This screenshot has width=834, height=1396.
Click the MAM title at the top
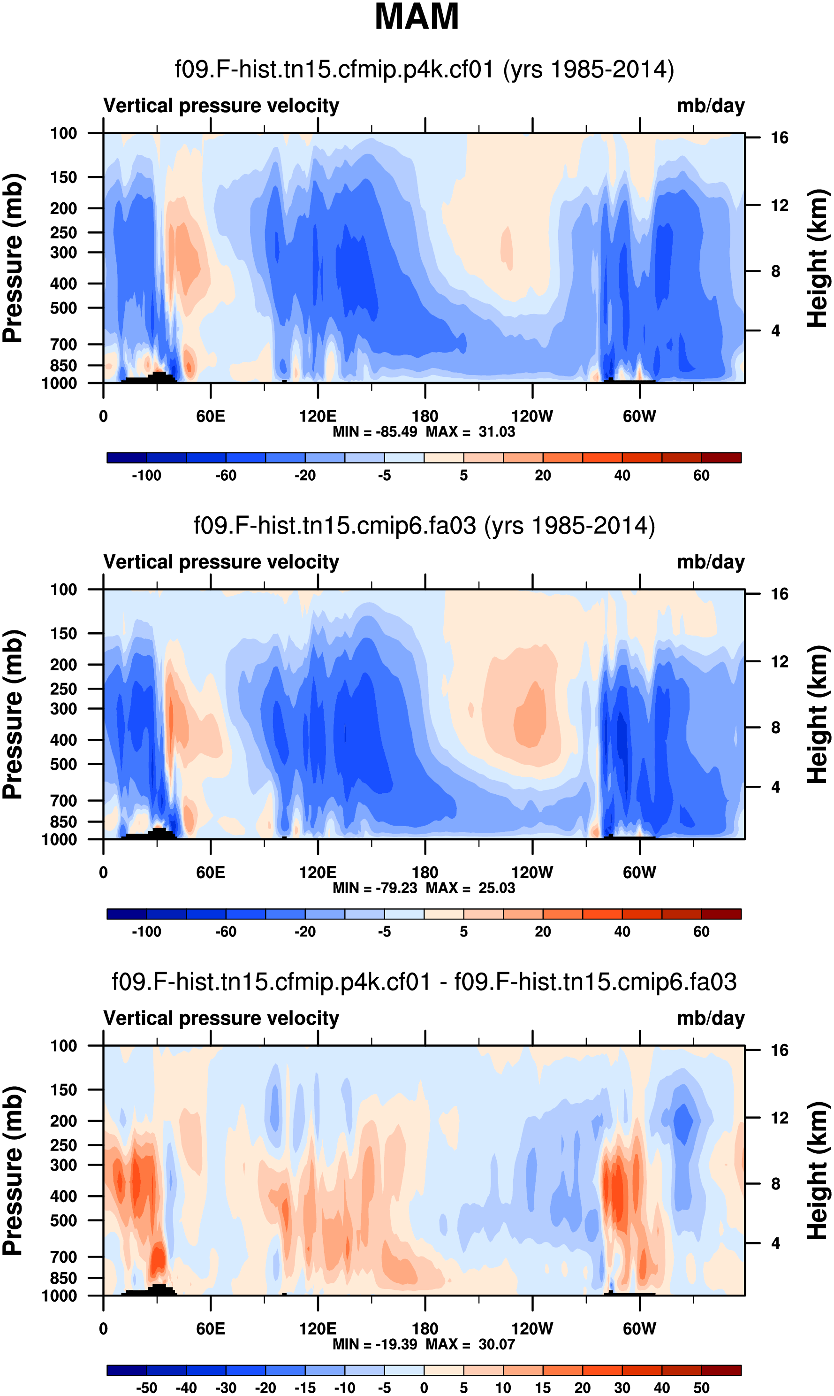417,17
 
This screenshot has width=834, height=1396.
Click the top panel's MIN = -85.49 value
375,432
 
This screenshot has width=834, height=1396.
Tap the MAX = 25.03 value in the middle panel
470,888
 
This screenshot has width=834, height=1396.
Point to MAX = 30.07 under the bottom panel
470,1344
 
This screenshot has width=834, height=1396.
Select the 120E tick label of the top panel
318,417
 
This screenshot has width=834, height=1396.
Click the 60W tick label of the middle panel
639,873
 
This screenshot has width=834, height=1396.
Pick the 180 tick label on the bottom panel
425,1328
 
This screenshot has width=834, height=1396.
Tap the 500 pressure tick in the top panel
63,308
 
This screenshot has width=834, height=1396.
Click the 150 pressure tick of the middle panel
63,634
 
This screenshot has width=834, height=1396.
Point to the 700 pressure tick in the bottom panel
63,1257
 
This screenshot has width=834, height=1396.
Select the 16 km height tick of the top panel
780,138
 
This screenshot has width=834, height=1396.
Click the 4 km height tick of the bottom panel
775,1243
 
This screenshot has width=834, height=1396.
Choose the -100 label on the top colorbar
146,476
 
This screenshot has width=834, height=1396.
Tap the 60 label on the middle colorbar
701,932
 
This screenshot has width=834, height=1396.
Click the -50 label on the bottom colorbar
146,1388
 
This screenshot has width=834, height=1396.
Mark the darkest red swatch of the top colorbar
721,458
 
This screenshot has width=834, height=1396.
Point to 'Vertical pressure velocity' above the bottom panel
221,1018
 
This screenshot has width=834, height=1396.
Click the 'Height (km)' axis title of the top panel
818,258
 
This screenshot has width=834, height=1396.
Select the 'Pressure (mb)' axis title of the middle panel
12,714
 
